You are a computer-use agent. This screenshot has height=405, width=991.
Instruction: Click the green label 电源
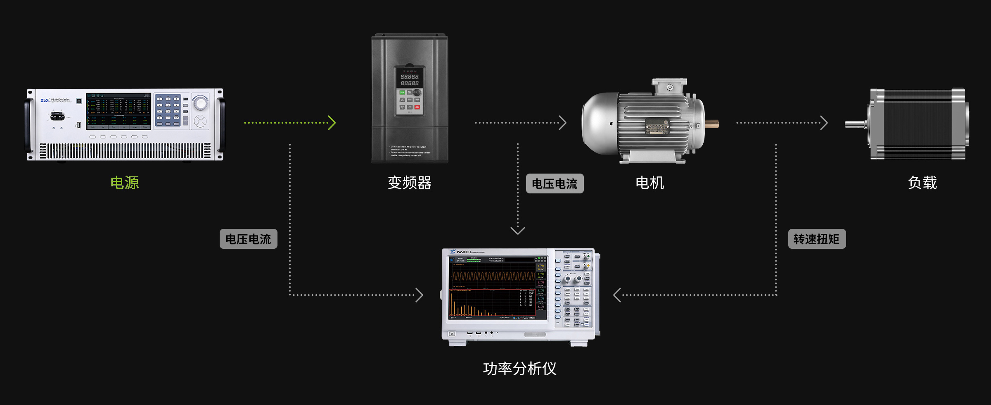pos(124,183)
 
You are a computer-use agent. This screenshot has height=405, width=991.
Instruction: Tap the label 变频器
pos(409,183)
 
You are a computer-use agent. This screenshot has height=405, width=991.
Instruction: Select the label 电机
pos(650,183)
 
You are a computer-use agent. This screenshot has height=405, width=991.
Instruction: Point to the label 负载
pos(922,183)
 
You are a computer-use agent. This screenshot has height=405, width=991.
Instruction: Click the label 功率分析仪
pos(519,369)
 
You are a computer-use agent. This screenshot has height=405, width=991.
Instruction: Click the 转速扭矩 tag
pos(816,239)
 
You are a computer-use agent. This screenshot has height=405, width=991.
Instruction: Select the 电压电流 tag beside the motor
pos(555,183)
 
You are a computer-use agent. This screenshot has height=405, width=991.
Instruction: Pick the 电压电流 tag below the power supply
pos(248,239)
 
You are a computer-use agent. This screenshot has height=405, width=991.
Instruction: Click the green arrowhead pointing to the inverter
pos(332,123)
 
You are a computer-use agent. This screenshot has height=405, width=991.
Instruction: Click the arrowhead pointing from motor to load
pos(824,123)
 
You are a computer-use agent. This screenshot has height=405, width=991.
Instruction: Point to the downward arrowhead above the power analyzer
pos(517,230)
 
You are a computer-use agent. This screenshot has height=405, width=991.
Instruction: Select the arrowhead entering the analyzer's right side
pos(617,295)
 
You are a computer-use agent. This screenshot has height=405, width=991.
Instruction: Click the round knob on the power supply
pos(201,103)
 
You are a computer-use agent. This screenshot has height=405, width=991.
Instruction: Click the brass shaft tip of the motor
pos(712,124)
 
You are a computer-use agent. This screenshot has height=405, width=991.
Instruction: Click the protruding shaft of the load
pos(856,124)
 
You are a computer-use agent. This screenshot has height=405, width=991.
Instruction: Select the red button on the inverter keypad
pos(417,107)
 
